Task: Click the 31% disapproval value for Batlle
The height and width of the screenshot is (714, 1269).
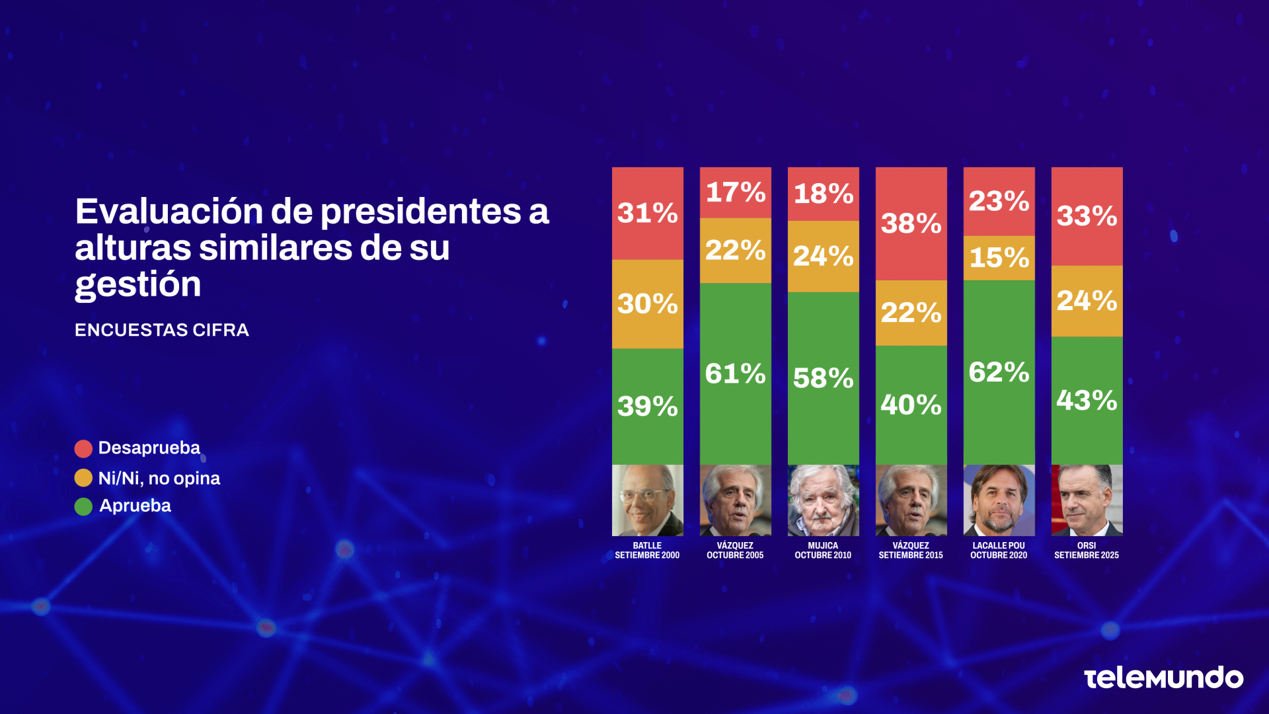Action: tap(647, 213)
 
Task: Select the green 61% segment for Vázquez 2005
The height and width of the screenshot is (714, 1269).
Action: tap(735, 374)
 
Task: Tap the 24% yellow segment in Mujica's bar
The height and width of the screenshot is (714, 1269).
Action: tap(823, 256)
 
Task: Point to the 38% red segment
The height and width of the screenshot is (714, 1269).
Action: tap(911, 223)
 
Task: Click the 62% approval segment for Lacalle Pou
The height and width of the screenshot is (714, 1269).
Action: tap(999, 372)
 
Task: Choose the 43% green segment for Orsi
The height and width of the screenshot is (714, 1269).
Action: tap(1087, 400)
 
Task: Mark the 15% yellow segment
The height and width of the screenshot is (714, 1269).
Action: tap(999, 257)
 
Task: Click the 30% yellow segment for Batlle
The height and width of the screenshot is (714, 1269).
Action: tap(647, 303)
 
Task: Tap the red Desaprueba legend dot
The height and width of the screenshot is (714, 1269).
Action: tap(83, 449)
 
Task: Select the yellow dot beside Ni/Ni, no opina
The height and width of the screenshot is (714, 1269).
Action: tap(83, 478)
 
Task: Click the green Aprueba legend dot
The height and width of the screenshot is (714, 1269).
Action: tap(83, 506)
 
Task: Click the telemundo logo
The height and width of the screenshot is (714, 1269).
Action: tap(1163, 678)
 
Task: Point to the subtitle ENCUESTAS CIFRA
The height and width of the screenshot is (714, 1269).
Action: tap(162, 330)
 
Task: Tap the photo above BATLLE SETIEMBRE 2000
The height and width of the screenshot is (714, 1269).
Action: tap(647, 500)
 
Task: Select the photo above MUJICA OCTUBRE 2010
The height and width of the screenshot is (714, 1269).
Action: tap(823, 500)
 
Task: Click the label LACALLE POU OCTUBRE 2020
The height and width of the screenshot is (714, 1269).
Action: tap(999, 551)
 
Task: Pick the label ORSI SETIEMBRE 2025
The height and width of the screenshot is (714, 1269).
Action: tap(1087, 551)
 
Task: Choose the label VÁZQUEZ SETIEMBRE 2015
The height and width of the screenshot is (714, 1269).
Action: tap(911, 551)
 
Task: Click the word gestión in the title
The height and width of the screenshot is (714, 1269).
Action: tap(138, 285)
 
